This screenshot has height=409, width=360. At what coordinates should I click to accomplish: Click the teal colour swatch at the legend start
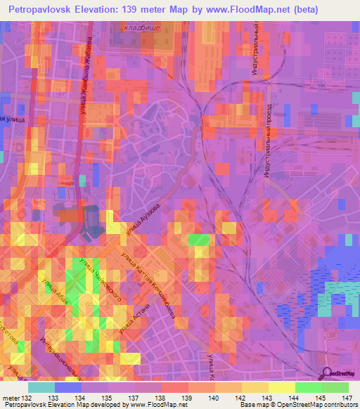point(41,387)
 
